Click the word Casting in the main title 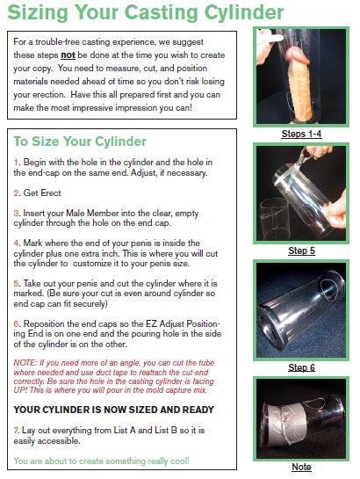pyautogui.click(x=162, y=13)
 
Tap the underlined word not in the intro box pyautogui.click(x=68, y=55)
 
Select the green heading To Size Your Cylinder pyautogui.click(x=80, y=142)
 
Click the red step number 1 pyautogui.click(x=16, y=163)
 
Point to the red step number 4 pyautogui.click(x=16, y=243)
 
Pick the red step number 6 pyautogui.click(x=16, y=323)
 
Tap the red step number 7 pyautogui.click(x=16, y=431)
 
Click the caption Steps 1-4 pyautogui.click(x=301, y=134)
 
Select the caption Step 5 pyautogui.click(x=301, y=250)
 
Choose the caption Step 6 pyautogui.click(x=301, y=367)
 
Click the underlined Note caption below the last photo pyautogui.click(x=301, y=467)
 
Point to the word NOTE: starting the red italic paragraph pyautogui.click(x=25, y=363)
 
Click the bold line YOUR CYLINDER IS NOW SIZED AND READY pyautogui.click(x=114, y=410)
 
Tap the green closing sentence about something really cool pyautogui.click(x=101, y=461)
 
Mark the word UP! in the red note pyautogui.click(x=21, y=390)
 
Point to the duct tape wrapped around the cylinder pyautogui.click(x=282, y=422)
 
